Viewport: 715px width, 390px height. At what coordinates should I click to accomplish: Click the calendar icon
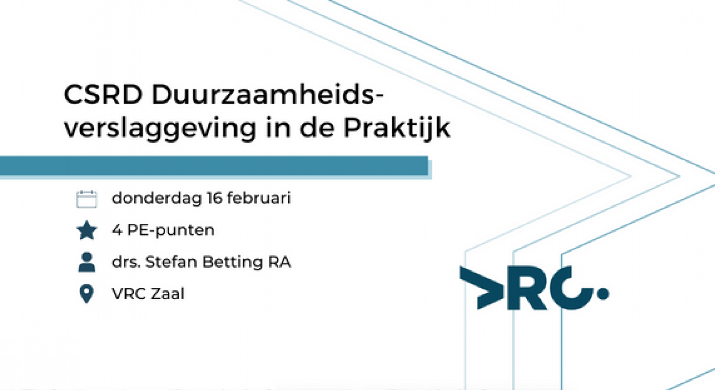tap(87, 199)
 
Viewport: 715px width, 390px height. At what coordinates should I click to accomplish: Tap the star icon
tap(87, 231)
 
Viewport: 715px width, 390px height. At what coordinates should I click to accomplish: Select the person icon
tap(87, 262)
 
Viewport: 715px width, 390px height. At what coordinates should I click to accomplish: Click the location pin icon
tap(87, 294)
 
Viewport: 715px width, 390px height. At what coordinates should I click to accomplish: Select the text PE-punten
tap(171, 230)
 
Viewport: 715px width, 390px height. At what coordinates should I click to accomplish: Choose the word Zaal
tap(168, 294)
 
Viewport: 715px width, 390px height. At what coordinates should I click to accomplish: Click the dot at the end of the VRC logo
tap(603, 293)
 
